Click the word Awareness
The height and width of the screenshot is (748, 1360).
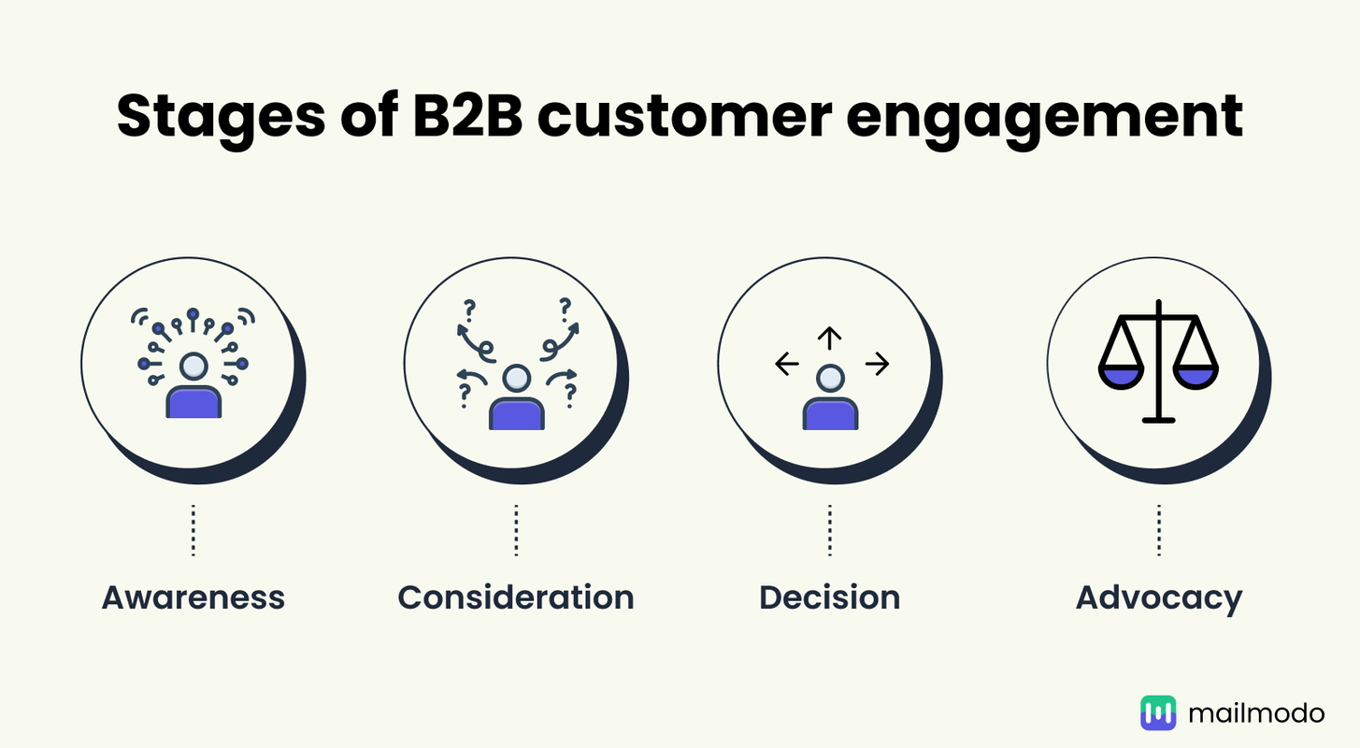coord(193,597)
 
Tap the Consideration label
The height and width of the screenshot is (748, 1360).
coord(516,597)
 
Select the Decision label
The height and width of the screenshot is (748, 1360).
coord(830,597)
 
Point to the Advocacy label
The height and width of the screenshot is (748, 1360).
coord(1159,597)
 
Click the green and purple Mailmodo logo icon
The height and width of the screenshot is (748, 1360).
coord(1158,713)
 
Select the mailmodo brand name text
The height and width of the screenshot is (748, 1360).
coord(1256,713)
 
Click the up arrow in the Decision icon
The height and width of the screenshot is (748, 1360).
coord(830,338)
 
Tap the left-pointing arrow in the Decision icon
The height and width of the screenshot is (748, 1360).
coord(787,365)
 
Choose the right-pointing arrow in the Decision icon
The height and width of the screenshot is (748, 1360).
coord(876,365)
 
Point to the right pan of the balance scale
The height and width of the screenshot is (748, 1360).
coord(1196,375)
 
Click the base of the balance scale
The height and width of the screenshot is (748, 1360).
coord(1159,420)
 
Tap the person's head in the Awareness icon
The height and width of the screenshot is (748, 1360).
coord(193,366)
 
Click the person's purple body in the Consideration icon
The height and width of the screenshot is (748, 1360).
coord(516,414)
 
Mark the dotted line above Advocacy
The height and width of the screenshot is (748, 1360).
coord(1159,531)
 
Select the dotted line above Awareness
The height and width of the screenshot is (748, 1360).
coord(193,531)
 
